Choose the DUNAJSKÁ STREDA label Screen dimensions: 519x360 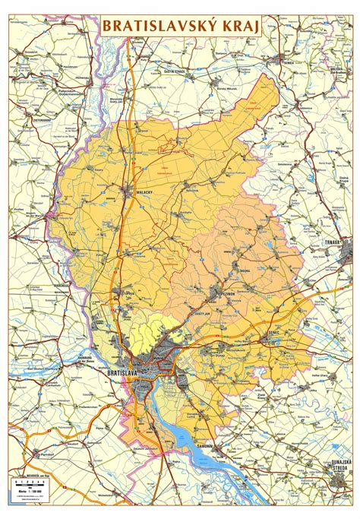340,464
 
